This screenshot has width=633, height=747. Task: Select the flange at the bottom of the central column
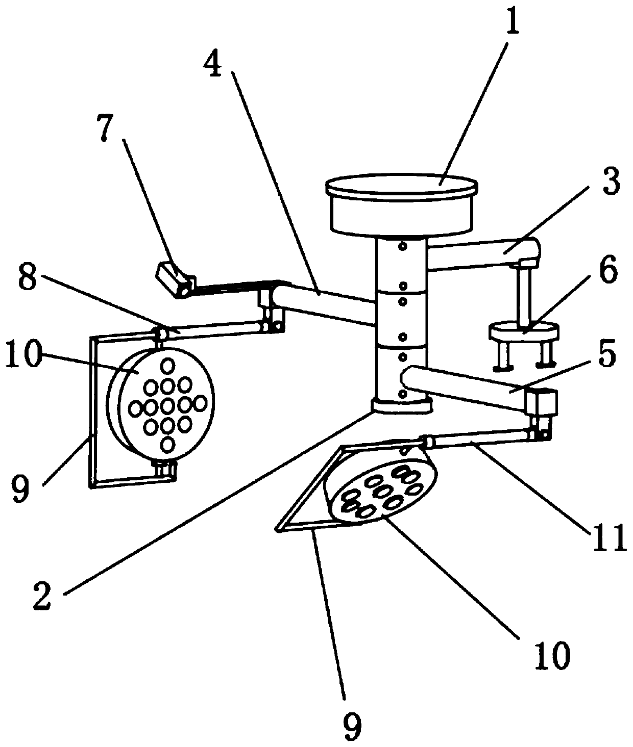click(401, 406)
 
